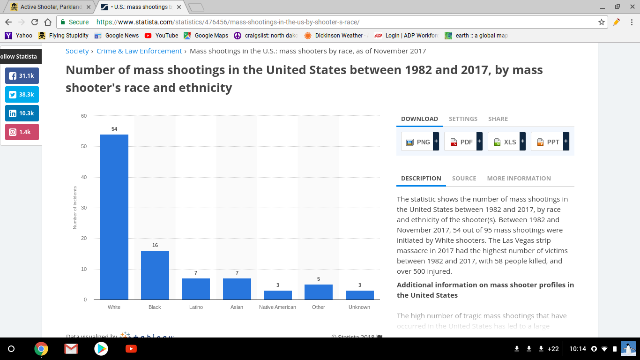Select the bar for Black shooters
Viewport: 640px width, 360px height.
click(155, 275)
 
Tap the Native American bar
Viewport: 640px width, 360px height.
click(277, 295)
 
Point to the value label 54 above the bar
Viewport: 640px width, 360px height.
click(114, 129)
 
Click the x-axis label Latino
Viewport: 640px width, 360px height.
click(196, 307)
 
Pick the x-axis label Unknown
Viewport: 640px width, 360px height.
click(359, 307)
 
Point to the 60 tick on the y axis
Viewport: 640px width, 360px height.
click(84, 116)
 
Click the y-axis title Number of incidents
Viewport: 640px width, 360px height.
click(75, 208)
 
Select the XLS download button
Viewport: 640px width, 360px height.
click(506, 142)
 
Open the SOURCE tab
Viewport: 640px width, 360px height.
click(464, 178)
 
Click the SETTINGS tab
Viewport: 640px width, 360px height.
click(463, 119)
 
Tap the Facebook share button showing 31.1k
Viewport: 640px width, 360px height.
click(22, 76)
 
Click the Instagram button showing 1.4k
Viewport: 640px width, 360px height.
click(22, 132)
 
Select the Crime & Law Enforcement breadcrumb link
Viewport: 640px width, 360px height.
click(139, 51)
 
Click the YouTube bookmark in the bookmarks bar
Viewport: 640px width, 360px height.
click(162, 35)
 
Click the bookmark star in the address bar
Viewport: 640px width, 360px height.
click(602, 22)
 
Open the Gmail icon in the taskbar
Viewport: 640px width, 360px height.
click(71, 349)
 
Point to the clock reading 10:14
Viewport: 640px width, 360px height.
click(578, 349)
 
